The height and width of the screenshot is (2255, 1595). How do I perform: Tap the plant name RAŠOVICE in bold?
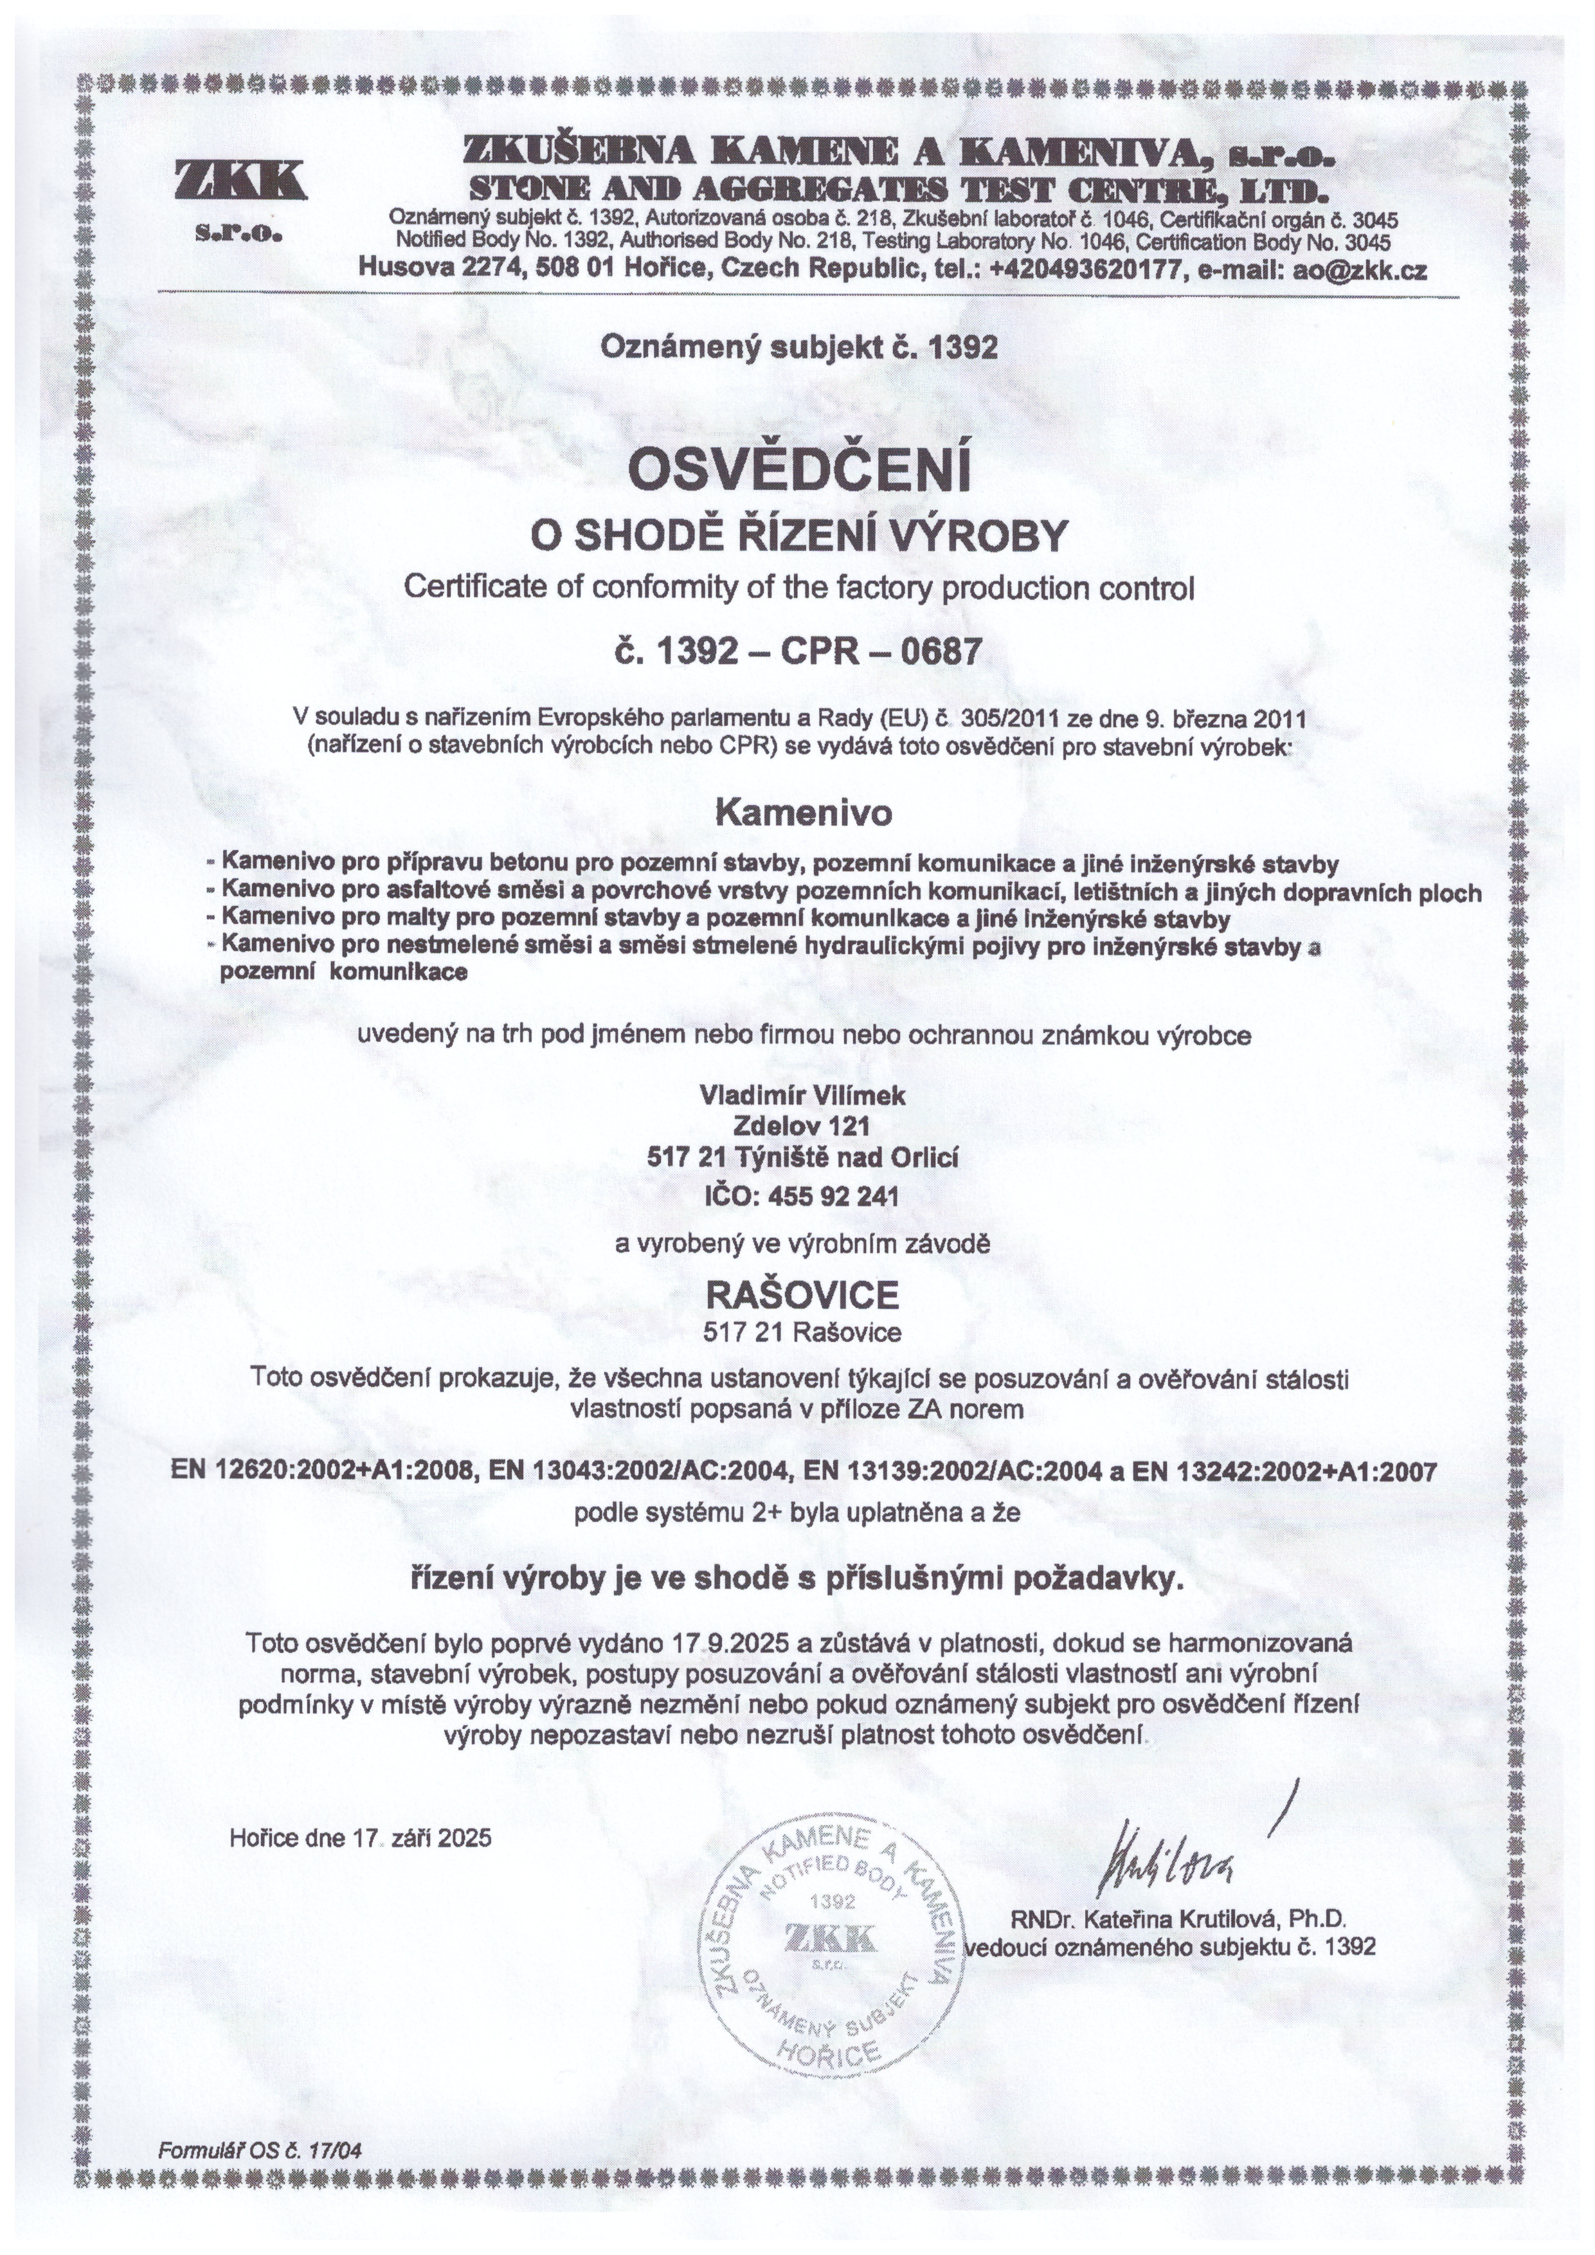[802, 1296]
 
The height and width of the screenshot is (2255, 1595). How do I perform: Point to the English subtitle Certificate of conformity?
[800, 588]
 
